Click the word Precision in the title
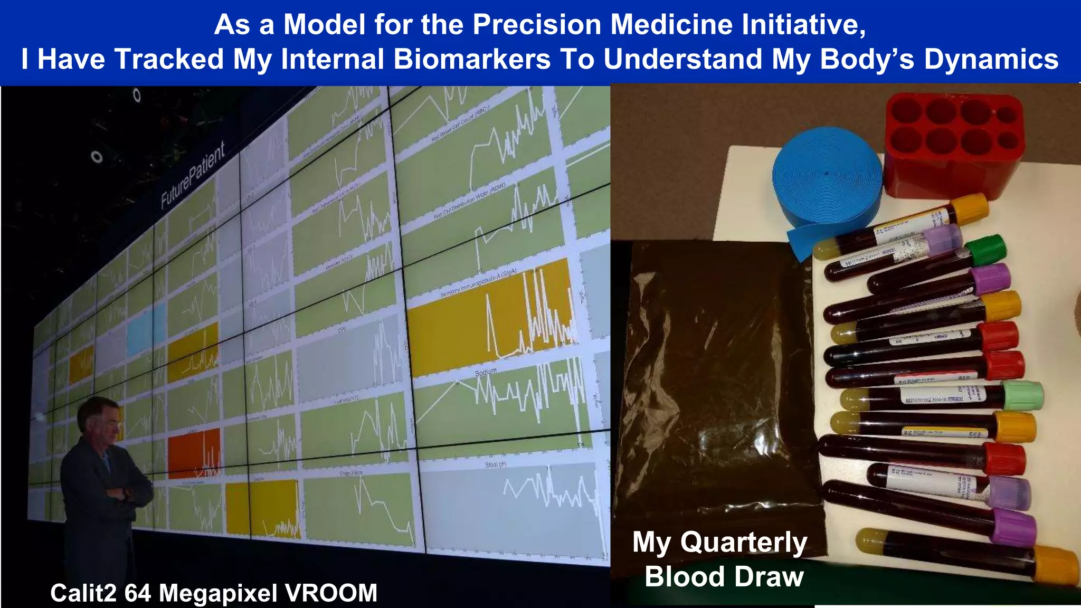pos(537,25)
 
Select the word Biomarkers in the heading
pos(472,59)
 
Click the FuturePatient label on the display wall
pos(193,174)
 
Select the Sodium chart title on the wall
pos(486,373)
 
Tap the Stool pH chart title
pos(496,464)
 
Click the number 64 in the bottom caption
pos(138,593)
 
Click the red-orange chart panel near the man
pos(194,454)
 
